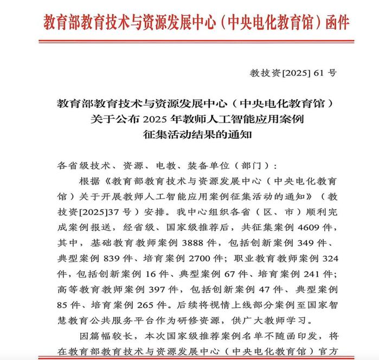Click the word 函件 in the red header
point(336,23)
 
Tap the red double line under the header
point(189,41)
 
